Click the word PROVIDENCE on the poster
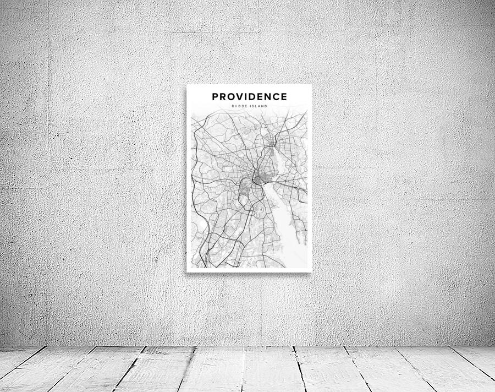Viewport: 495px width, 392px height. (x=250, y=97)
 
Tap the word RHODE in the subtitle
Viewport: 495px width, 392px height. (x=240, y=106)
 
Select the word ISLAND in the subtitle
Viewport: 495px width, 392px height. (x=259, y=106)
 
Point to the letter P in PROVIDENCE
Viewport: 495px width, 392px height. (x=216, y=97)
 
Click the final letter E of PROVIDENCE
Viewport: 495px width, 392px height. (x=284, y=97)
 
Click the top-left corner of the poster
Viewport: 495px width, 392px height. (x=187, y=85)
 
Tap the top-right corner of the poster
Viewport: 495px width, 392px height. (x=311, y=85)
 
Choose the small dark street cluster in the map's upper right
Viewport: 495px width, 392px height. (x=273, y=145)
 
